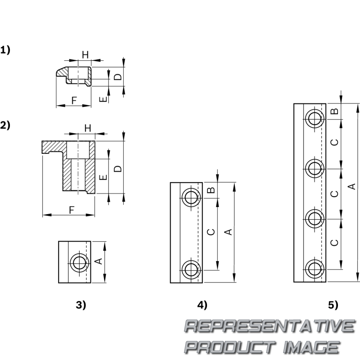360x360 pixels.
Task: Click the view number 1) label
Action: (x=5, y=50)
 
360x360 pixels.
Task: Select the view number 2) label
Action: (x=5, y=125)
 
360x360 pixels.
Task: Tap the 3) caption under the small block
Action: (x=81, y=305)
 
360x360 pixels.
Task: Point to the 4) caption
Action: (x=202, y=305)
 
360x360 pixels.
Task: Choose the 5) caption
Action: (x=333, y=305)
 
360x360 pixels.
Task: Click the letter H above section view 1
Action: (x=85, y=54)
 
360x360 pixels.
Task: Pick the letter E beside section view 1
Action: (x=103, y=99)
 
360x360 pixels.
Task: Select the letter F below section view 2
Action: (x=72, y=210)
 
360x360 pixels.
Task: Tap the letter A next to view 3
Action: (x=99, y=261)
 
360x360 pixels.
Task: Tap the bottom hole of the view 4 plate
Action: (x=192, y=269)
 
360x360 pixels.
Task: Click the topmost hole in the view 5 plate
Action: (x=315, y=119)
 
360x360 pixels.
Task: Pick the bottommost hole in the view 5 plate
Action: (x=315, y=269)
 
